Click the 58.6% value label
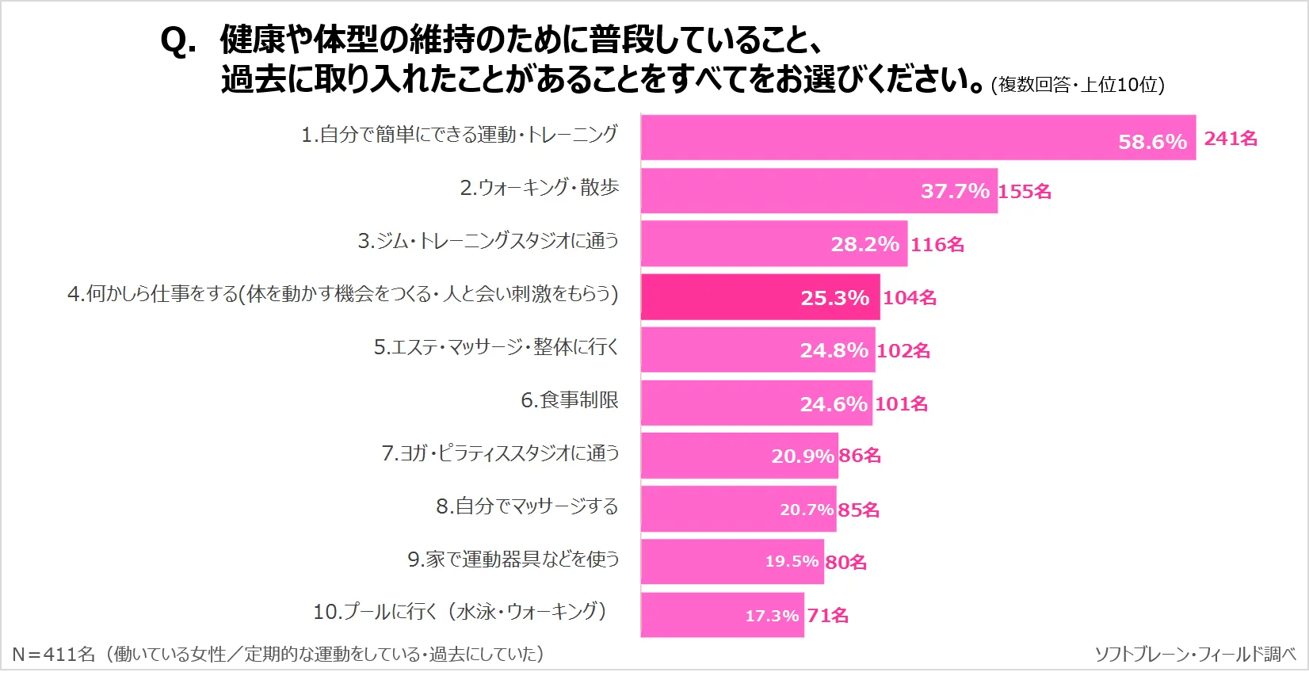(1152, 142)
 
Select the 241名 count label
(1231, 139)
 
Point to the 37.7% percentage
(955, 191)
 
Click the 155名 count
(1025, 192)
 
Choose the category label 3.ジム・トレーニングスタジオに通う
(488, 241)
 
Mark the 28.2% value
(864, 244)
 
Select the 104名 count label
(910, 298)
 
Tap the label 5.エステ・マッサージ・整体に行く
(496, 347)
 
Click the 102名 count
(903, 351)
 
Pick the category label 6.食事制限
(569, 400)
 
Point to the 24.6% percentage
(834, 404)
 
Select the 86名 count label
(860, 456)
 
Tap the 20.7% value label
(807, 510)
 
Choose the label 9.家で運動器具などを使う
(513, 560)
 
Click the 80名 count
(846, 563)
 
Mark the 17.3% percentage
(772, 616)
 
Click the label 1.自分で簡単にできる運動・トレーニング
(460, 135)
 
